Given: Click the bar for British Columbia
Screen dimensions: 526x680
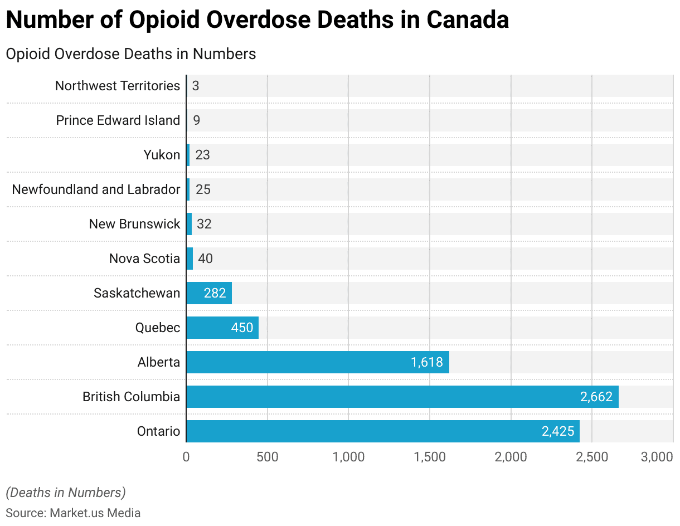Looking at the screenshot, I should click(x=401, y=397).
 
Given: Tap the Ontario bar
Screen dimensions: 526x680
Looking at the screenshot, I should click(x=382, y=431).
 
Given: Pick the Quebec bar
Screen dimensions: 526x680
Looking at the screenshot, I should click(x=222, y=328).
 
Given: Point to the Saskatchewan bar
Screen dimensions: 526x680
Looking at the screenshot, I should click(x=208, y=293).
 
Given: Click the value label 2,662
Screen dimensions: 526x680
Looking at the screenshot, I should click(x=596, y=397).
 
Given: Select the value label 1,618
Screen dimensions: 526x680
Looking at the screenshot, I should click(x=426, y=362).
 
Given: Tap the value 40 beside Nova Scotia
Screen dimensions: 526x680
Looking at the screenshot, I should click(x=205, y=259).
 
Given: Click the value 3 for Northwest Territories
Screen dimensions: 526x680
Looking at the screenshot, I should click(x=196, y=86).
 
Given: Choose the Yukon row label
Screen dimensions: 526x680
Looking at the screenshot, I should click(x=162, y=155).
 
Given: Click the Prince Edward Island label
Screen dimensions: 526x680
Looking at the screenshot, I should click(x=118, y=120).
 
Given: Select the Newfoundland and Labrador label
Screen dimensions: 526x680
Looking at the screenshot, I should click(x=96, y=189).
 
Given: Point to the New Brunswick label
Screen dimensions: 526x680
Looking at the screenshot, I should click(x=134, y=224).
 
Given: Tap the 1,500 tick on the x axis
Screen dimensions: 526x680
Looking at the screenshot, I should click(x=430, y=457).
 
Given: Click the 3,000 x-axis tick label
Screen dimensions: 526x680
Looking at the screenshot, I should click(x=657, y=457).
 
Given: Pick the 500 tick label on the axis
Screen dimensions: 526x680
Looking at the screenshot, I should click(x=268, y=457).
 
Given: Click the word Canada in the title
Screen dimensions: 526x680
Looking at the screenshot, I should click(x=468, y=20).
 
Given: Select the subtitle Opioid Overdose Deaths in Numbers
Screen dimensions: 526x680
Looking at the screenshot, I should click(x=131, y=54).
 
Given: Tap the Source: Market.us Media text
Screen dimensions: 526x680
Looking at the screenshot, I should click(x=73, y=513).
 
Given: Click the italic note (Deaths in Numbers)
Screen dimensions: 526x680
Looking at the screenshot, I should click(x=66, y=493).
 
